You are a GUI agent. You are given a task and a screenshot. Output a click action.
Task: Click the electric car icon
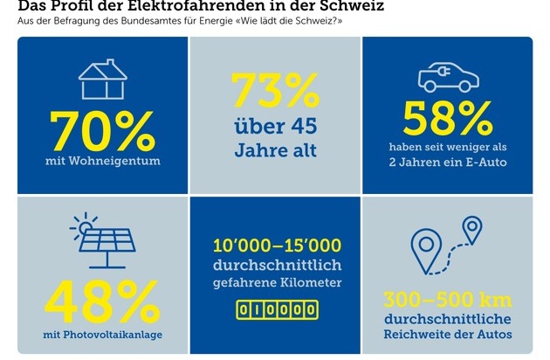point(453,74)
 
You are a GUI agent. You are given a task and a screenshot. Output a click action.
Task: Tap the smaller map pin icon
point(472,229)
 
